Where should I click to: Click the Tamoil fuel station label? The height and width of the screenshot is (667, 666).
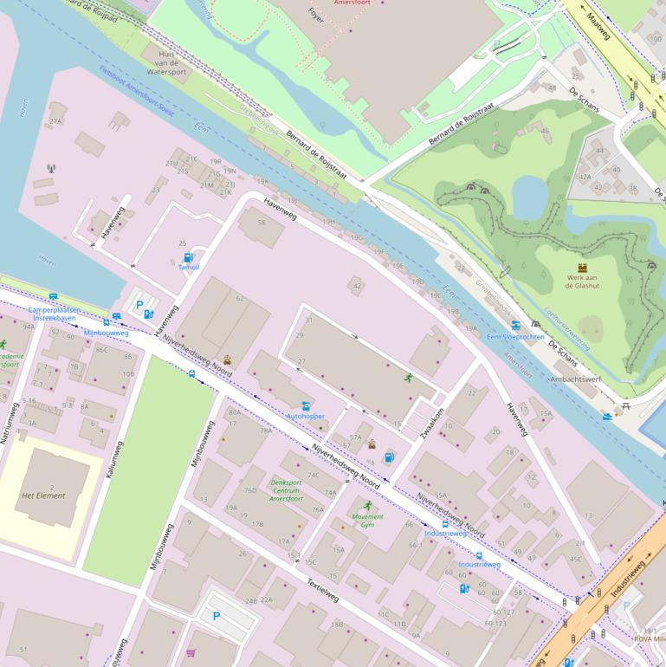[189, 268]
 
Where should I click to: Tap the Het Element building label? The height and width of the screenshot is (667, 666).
[43, 495]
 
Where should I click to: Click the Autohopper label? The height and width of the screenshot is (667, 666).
[306, 417]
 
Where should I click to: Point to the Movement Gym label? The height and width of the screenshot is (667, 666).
[367, 521]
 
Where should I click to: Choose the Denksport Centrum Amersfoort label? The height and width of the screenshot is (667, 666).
[285, 490]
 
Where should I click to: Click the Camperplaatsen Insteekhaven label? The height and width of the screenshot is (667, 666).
[54, 314]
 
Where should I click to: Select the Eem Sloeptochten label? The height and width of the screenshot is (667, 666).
[516, 336]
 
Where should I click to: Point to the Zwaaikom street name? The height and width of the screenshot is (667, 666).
[431, 424]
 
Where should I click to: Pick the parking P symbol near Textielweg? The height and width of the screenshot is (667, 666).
[216, 617]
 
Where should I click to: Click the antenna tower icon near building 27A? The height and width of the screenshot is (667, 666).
[50, 168]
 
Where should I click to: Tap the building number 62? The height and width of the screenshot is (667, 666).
[240, 298]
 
